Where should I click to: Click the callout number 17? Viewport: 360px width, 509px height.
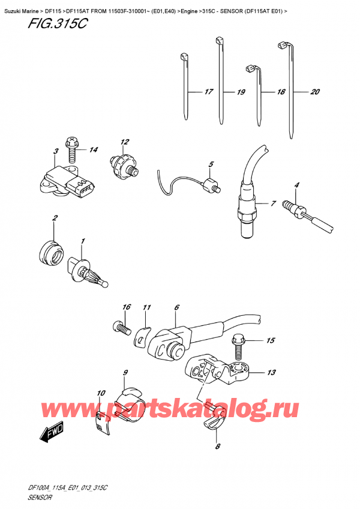click(208, 92)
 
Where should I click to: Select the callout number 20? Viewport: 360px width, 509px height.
click(314, 92)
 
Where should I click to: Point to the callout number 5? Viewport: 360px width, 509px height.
click(211, 164)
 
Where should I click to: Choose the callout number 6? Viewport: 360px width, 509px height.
click(176, 308)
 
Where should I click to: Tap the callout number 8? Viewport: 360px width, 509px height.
click(218, 446)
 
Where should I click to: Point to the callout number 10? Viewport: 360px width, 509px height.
click(100, 394)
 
